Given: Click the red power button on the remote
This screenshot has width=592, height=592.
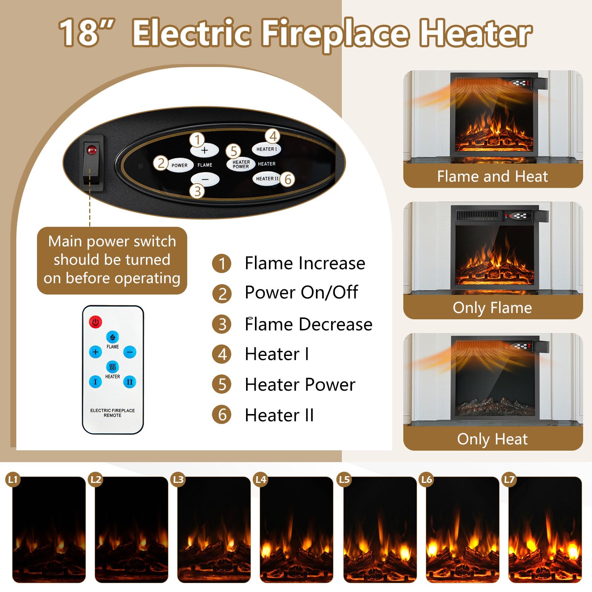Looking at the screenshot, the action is [x=95, y=322].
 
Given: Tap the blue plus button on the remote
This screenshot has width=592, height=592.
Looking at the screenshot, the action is [x=95, y=352].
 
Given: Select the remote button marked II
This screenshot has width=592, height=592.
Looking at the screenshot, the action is [x=129, y=382].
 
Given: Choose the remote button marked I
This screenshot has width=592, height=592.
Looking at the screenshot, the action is [x=95, y=382].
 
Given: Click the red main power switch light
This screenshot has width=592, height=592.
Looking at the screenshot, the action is [x=91, y=150].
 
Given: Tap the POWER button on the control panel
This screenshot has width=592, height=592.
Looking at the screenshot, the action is [x=179, y=165].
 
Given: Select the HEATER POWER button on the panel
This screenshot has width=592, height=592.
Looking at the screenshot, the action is [x=241, y=164].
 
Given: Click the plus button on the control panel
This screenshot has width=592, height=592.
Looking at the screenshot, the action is [x=205, y=150].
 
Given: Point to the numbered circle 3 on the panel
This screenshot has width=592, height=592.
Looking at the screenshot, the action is [x=198, y=191].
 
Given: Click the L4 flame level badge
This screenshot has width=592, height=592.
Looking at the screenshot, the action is [x=261, y=480].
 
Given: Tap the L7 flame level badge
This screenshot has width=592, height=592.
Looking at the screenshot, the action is [x=509, y=480].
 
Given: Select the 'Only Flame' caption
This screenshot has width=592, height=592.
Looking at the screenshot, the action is [x=492, y=308].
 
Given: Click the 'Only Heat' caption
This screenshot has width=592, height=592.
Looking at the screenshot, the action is [x=492, y=439].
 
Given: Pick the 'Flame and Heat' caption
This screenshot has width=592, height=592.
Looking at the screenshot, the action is [x=492, y=176].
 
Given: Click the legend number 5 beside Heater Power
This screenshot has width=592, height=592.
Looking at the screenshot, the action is [x=222, y=384].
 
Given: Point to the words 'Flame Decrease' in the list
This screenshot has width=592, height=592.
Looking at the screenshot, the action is [x=309, y=324].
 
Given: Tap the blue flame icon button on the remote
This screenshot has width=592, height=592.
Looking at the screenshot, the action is [x=112, y=337].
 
